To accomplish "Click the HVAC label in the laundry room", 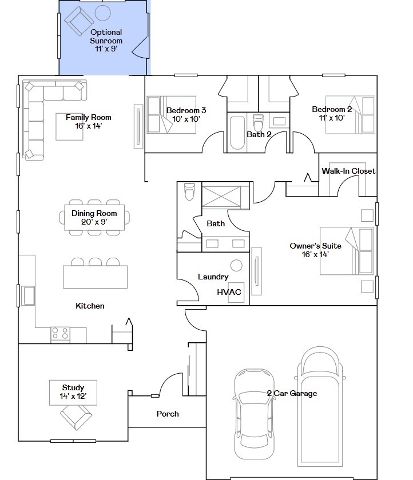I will coord(229,292).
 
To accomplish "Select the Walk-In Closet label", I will coord(348,171).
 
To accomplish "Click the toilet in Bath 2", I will coord(257,122).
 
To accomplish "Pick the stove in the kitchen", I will coord(61,334).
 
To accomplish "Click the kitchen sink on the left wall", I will coord(27,296).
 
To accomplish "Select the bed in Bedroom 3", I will coord(172,115).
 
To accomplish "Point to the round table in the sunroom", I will coord(102,13).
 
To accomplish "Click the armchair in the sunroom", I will coord(78,22).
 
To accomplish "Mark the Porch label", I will coord(168,414).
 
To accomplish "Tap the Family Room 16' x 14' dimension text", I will coord(88,126).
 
